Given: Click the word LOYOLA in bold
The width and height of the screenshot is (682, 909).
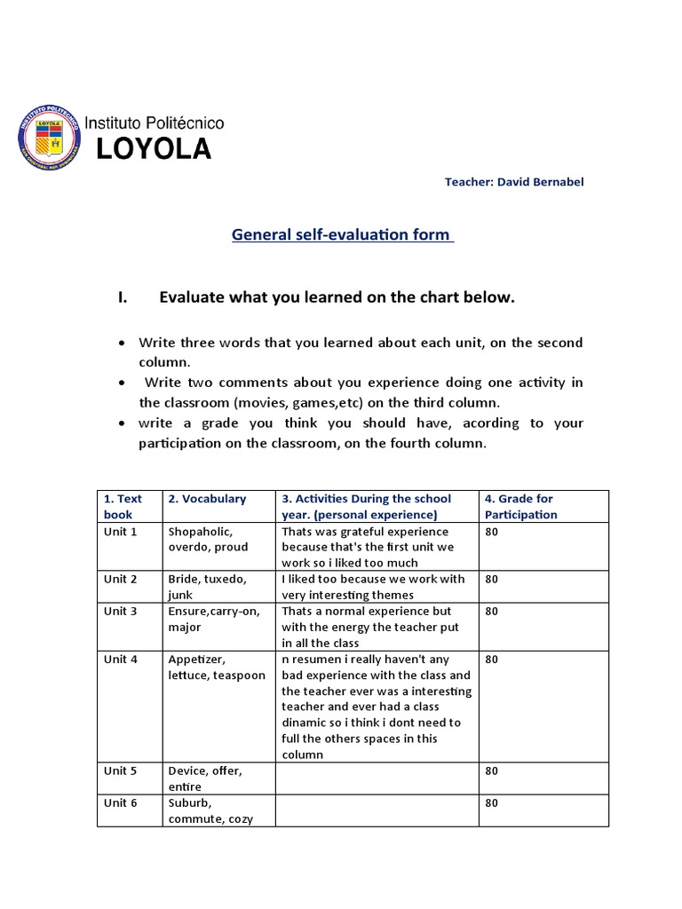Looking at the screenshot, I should point(154,150).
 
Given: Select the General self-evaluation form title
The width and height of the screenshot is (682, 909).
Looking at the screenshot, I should point(342,235).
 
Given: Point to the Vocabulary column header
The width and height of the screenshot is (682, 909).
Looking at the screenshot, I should point(207,499).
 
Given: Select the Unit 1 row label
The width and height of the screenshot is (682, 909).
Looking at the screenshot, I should point(120,531).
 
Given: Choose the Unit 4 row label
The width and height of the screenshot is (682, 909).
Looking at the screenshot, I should point(120,659).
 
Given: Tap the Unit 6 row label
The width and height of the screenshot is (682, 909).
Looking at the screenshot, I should point(120,802).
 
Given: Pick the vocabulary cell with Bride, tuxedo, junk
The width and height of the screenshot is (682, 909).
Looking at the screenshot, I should point(206,587).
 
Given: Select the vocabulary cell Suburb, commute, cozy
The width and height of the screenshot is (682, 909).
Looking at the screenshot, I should point(210,810).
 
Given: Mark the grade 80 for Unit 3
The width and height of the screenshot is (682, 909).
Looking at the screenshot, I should point(492,611).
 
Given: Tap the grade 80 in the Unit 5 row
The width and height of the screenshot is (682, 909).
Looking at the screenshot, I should point(492,771).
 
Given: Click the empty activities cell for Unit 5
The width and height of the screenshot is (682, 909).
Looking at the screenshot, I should point(377,779).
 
